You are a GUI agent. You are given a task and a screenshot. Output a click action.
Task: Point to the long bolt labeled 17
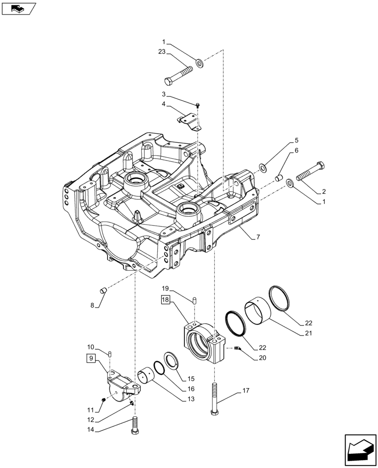215,398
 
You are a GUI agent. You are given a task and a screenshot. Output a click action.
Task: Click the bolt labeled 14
135,424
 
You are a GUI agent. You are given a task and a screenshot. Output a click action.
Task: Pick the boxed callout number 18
167,300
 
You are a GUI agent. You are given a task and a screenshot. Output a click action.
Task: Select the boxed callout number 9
92,359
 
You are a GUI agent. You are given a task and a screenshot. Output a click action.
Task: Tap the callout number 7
258,237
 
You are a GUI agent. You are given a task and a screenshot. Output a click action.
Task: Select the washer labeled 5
264,167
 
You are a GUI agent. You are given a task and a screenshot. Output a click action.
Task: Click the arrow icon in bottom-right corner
359,449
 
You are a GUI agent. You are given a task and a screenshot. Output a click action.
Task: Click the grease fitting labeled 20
237,348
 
